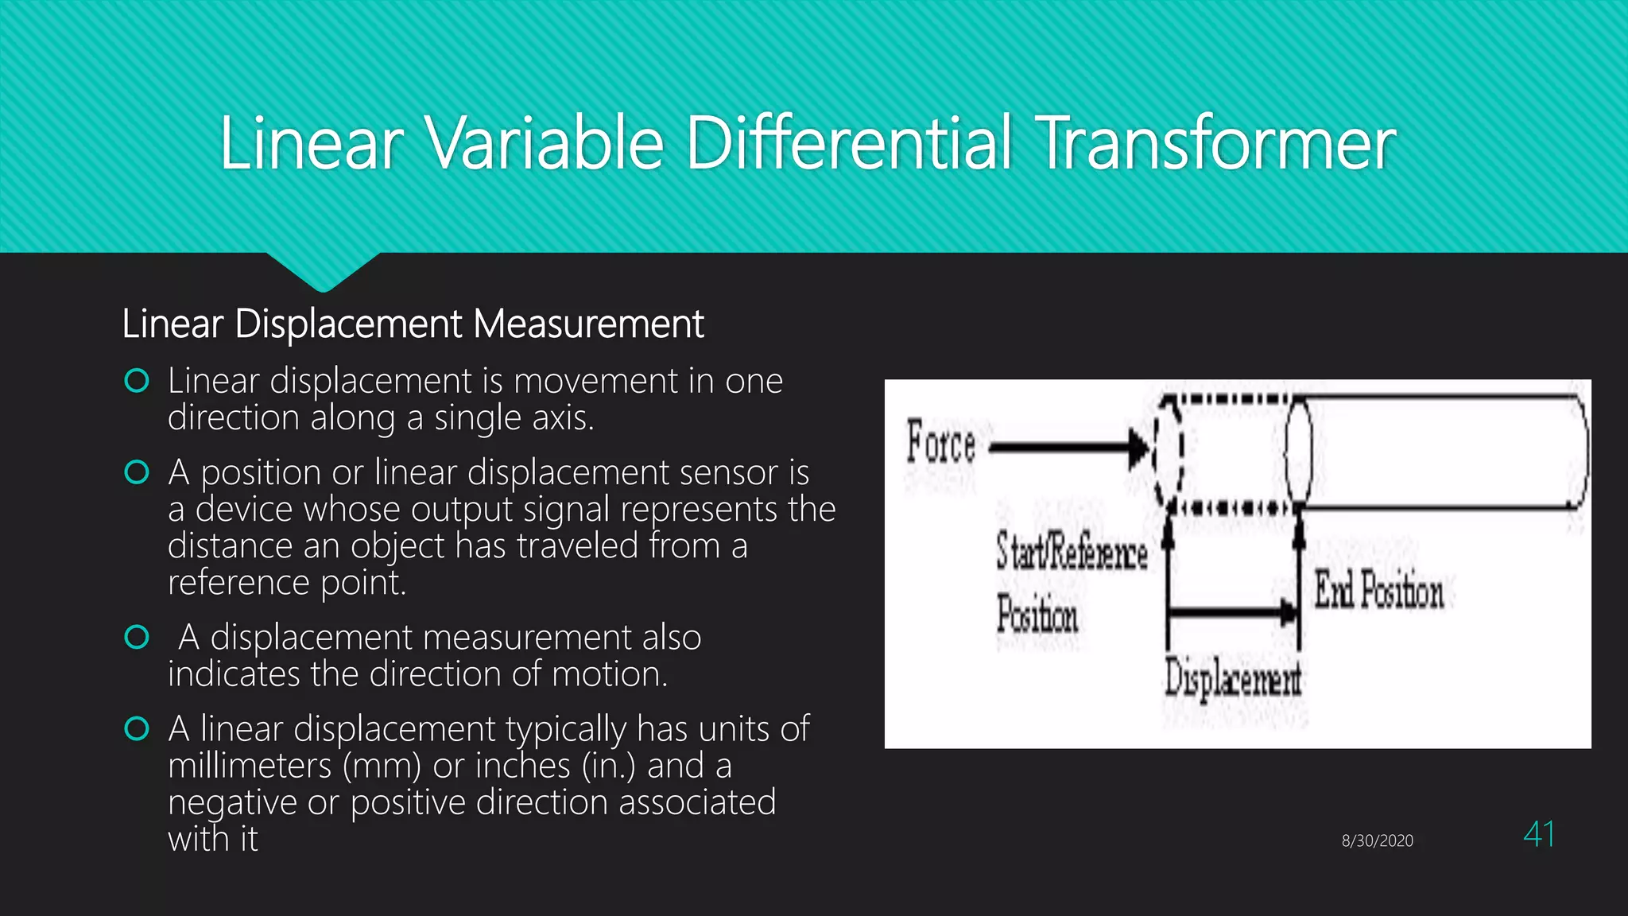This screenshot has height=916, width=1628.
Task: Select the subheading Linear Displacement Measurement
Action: (413, 324)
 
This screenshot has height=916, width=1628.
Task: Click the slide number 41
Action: (1539, 835)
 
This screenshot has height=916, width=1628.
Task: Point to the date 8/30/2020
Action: (1377, 840)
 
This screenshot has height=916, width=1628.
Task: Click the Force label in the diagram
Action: (941, 443)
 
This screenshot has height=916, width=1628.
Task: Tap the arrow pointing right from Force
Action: (1065, 447)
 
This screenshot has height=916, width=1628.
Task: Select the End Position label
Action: (1378, 590)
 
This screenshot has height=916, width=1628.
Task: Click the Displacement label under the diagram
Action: (1232, 681)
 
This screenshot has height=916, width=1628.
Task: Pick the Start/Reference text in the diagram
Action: (1072, 552)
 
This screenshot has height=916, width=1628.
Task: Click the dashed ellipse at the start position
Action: (1169, 451)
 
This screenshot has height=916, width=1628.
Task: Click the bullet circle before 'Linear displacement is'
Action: (137, 382)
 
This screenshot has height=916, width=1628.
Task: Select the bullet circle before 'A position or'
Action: (137, 473)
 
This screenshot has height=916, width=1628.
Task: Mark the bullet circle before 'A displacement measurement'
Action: (137, 638)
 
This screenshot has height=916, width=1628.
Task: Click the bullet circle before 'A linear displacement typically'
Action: (137, 729)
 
